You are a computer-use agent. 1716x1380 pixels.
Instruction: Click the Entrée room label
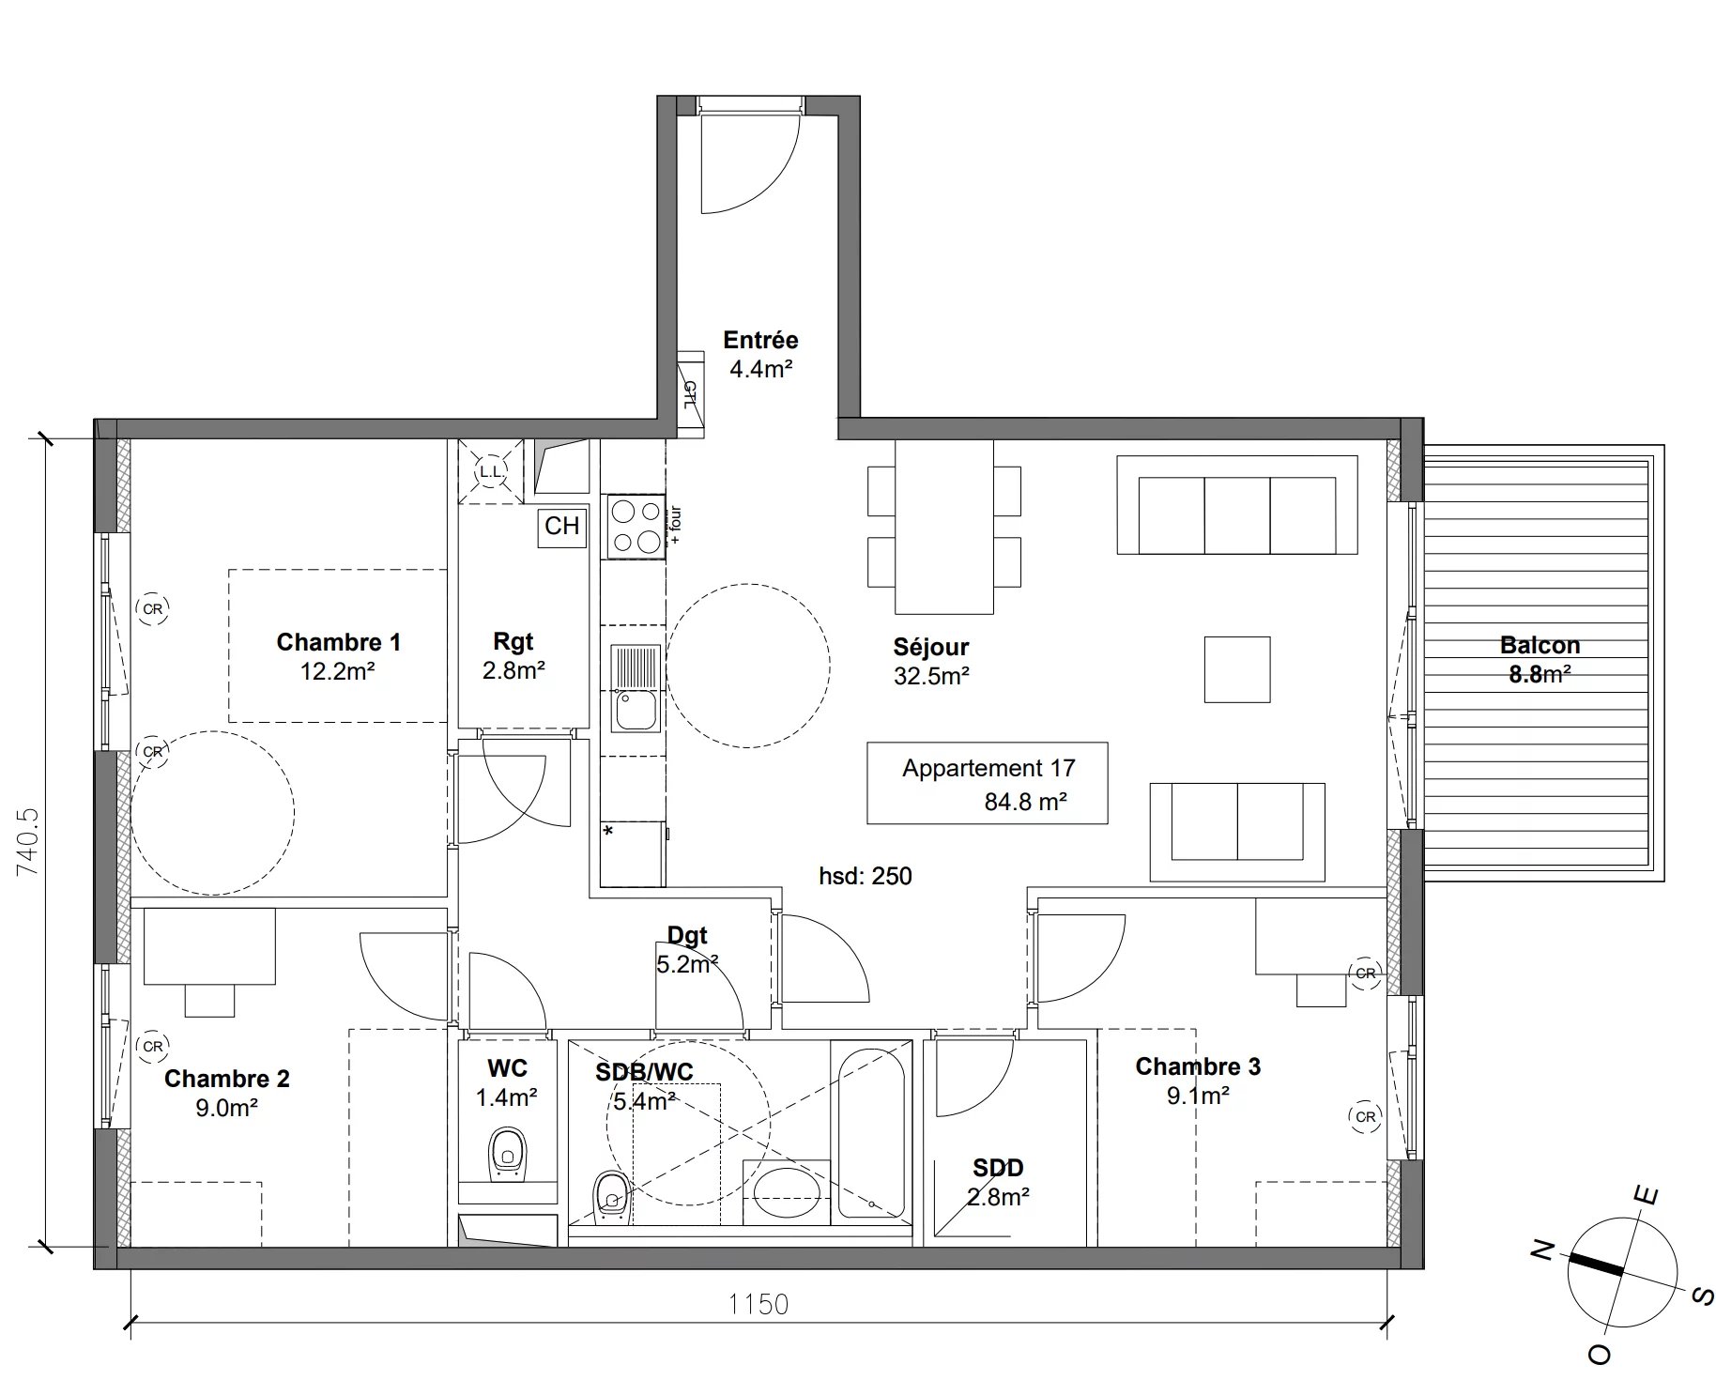(760, 340)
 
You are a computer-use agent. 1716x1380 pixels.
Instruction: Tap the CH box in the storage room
(562, 526)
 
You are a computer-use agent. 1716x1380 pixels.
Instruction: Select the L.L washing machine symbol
(491, 471)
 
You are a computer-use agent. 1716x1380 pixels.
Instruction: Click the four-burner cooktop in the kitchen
(636, 527)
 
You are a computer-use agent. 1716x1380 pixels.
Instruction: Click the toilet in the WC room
(508, 1157)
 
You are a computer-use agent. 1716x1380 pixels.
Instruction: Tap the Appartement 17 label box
(987, 783)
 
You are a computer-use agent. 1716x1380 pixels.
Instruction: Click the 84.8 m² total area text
(1025, 802)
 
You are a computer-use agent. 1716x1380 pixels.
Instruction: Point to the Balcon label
(1540, 645)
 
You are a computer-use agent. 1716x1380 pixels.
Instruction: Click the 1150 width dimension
(758, 1304)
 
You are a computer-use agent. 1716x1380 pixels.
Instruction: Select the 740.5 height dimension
(29, 842)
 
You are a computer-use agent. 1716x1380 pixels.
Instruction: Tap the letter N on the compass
(1541, 1250)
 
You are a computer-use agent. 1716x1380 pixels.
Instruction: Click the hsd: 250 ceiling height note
(865, 876)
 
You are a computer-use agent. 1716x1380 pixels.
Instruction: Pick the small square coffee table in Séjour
(1237, 669)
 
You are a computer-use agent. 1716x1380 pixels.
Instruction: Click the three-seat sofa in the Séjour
(1237, 505)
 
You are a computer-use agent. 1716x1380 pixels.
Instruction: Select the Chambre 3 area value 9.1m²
(1198, 1096)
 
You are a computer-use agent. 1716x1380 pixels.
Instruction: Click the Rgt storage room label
(513, 642)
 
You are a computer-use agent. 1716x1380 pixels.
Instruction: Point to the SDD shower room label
(998, 1168)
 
